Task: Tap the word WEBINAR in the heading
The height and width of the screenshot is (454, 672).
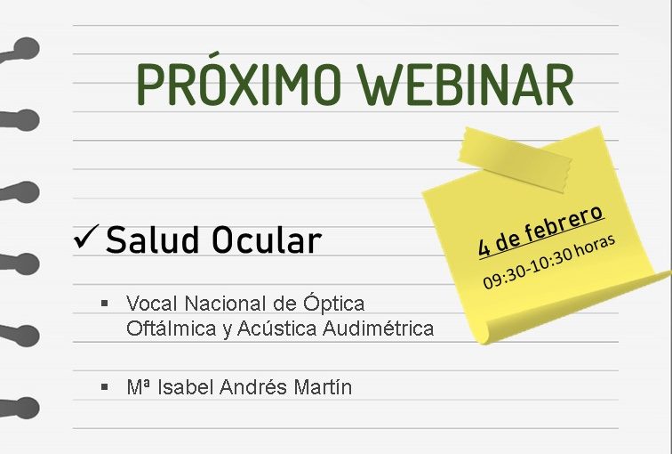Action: click(x=467, y=85)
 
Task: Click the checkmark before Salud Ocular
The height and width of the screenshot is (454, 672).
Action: click(x=86, y=237)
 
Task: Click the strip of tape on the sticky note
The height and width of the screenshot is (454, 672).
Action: click(x=515, y=159)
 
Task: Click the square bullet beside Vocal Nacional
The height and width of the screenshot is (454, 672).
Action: click(x=105, y=304)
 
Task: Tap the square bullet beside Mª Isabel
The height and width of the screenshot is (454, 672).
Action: click(x=105, y=387)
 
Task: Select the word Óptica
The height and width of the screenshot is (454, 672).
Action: click(x=334, y=303)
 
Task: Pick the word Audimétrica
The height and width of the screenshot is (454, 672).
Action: click(x=378, y=328)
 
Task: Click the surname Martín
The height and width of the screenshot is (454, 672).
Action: click(x=323, y=386)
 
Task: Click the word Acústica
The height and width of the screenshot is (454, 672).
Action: click(x=276, y=328)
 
